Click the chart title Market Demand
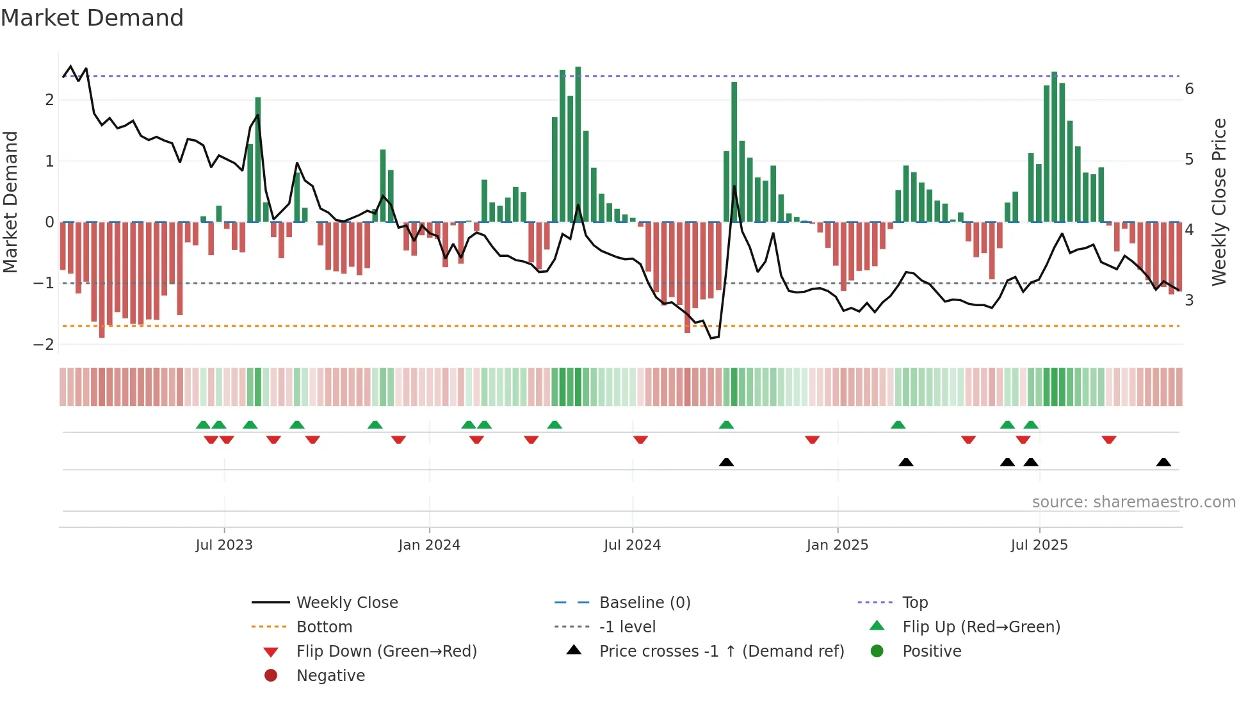pyautogui.click(x=92, y=18)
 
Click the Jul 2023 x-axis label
pyautogui.click(x=224, y=545)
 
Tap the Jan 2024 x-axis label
pyautogui.click(x=429, y=545)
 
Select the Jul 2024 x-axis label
pyautogui.click(x=632, y=545)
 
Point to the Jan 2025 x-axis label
pyautogui.click(x=837, y=545)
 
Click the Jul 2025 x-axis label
pyautogui.click(x=1039, y=545)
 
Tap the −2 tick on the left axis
pyautogui.click(x=44, y=345)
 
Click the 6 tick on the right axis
pyautogui.click(x=1189, y=89)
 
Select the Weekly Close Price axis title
pyautogui.click(x=1219, y=202)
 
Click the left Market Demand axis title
pyautogui.click(x=10, y=202)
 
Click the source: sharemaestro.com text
pyautogui.click(x=1133, y=502)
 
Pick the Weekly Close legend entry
pyautogui.click(x=346, y=603)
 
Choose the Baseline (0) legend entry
pyautogui.click(x=644, y=603)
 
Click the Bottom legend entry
pyautogui.click(x=324, y=627)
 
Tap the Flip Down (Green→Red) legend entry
pyautogui.click(x=386, y=652)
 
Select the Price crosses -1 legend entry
pyautogui.click(x=721, y=652)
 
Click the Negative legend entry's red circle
pyautogui.click(x=271, y=676)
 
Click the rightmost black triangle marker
pyautogui.click(x=1163, y=463)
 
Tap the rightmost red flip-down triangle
pyautogui.click(x=1109, y=439)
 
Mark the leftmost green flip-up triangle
pyautogui.click(x=203, y=425)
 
